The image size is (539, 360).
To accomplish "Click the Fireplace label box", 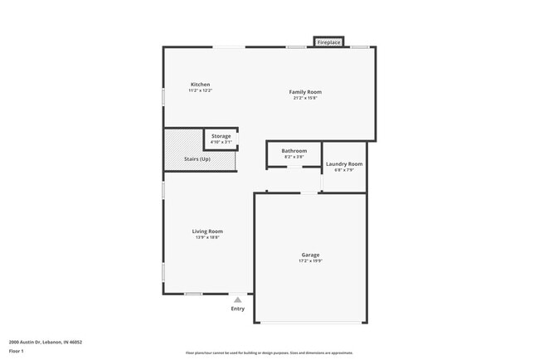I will click(x=328, y=41).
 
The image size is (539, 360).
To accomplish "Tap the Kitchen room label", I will click(x=200, y=85).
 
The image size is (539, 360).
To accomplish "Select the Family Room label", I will click(x=304, y=91).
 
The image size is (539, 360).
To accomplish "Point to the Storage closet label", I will click(x=221, y=136).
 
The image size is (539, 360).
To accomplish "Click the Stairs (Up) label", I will click(x=197, y=158).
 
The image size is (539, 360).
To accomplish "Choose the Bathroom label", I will click(x=294, y=151).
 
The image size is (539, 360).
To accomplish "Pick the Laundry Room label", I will click(x=343, y=164).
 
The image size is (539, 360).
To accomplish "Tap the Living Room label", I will click(x=207, y=231).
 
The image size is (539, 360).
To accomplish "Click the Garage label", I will click(x=310, y=255).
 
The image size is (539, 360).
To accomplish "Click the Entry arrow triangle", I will click(x=238, y=299).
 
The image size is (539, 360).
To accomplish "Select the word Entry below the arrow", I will click(x=238, y=309).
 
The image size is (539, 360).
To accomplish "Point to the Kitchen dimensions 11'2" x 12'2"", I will click(x=200, y=90).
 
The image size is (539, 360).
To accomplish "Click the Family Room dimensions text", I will click(x=304, y=98).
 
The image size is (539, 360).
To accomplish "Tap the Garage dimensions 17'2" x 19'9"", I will click(x=310, y=260).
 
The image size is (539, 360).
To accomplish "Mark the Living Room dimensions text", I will click(x=207, y=237).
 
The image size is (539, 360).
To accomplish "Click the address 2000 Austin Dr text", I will click(x=45, y=341).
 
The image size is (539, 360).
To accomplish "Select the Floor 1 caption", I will click(x=17, y=351).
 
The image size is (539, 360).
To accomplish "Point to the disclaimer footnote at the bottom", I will click(x=269, y=352).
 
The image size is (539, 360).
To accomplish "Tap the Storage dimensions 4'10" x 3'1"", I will click(x=221, y=142).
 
